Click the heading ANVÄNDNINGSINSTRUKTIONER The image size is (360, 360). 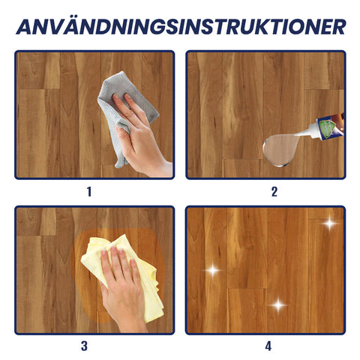[181, 25]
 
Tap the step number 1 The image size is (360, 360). [89, 192]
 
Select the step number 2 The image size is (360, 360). [274, 192]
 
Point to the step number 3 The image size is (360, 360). [84, 346]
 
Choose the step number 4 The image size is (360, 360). [268, 346]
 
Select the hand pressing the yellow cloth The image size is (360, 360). [121, 287]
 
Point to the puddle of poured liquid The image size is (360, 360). [280, 149]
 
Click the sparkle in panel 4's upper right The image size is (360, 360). [330, 223]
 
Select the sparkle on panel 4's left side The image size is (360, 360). [213, 270]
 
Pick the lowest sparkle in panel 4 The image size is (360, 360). [278, 304]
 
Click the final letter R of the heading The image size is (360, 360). [339, 27]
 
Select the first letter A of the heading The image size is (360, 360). [24, 27]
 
